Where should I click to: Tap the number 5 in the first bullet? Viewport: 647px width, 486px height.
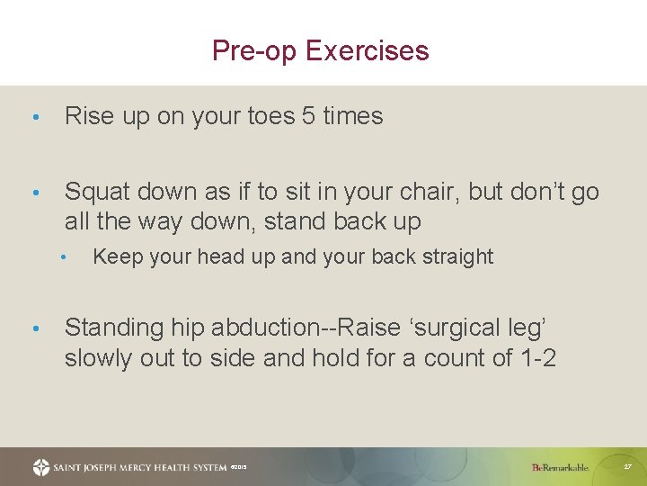pyautogui.click(x=308, y=116)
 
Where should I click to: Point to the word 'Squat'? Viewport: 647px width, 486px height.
pyautogui.click(x=97, y=192)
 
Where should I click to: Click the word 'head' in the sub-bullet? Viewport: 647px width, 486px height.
pyautogui.click(x=198, y=257)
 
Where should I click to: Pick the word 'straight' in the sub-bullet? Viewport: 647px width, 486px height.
pyautogui.click(x=456, y=257)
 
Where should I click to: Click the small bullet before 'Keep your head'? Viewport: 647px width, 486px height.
pyautogui.click(x=64, y=257)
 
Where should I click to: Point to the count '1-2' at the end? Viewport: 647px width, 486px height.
pyautogui.click(x=538, y=358)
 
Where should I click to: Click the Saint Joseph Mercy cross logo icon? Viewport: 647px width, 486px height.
pyautogui.click(x=41, y=467)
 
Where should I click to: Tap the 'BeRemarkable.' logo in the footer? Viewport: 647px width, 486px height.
pyautogui.click(x=560, y=467)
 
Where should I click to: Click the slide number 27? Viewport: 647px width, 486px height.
pyautogui.click(x=627, y=467)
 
